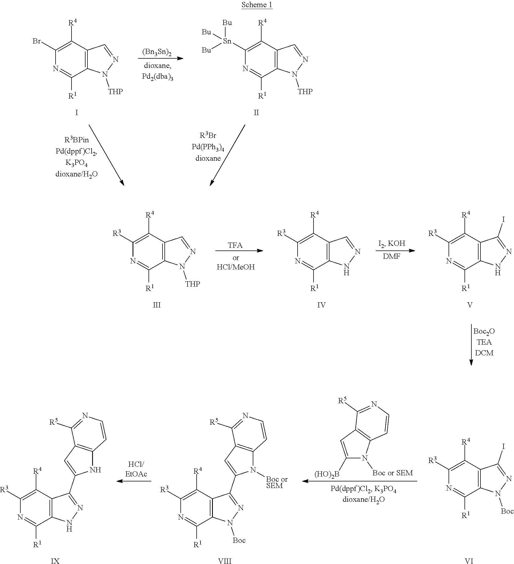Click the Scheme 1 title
point(257,5)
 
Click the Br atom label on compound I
point(37,41)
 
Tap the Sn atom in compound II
point(227,41)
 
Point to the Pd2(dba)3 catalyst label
point(157,77)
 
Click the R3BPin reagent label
point(76,139)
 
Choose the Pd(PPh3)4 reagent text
point(208,147)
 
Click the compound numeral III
point(157,305)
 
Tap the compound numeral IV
point(321,305)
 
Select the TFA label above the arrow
point(235,245)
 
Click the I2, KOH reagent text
point(392,244)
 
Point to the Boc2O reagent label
point(484,331)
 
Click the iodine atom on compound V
point(504,219)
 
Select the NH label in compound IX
point(95,470)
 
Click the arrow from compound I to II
point(161,58)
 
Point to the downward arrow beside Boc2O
point(471,345)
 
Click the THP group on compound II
point(305,91)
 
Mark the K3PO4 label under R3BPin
point(76,163)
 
